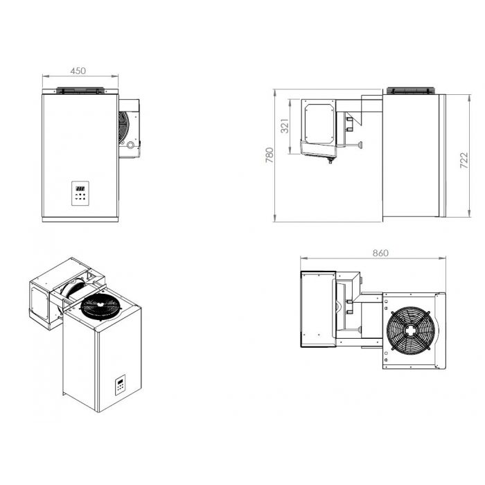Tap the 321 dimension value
pos(284,125)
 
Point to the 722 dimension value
pos(464,161)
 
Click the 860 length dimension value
pos(380,253)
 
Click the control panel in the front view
pos(80,191)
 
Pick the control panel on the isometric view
pos(120,385)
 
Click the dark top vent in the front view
pos(80,90)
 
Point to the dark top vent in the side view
pos(410,90)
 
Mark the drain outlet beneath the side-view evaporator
pos(330,161)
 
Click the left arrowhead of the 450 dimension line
pos(44,76)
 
